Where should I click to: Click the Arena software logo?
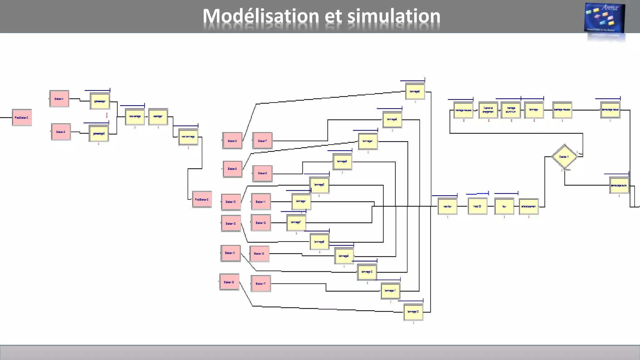click(x=604, y=19)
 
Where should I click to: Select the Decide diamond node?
click(x=564, y=157)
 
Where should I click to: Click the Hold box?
click(x=477, y=206)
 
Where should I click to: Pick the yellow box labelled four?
click(x=504, y=206)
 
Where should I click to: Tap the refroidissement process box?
click(x=528, y=206)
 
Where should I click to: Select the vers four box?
click(x=447, y=206)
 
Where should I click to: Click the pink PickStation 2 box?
click(x=22, y=117)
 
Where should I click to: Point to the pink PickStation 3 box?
click(x=202, y=199)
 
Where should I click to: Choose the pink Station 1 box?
click(x=59, y=99)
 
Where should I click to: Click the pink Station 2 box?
click(x=61, y=132)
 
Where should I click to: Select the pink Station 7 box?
click(x=262, y=141)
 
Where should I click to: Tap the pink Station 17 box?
click(x=261, y=284)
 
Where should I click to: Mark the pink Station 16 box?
click(x=229, y=282)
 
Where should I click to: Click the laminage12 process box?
click(x=413, y=312)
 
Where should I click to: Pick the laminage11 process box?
click(x=390, y=291)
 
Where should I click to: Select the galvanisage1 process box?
click(x=100, y=101)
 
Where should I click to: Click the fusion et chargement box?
click(x=488, y=110)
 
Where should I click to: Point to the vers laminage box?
click(x=188, y=137)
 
